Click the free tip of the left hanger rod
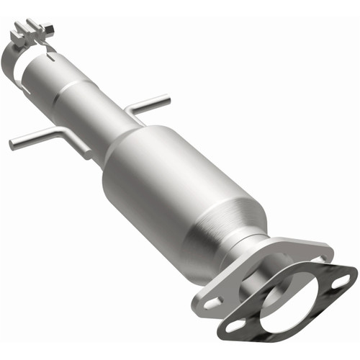pyautogui.click(x=12, y=144)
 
